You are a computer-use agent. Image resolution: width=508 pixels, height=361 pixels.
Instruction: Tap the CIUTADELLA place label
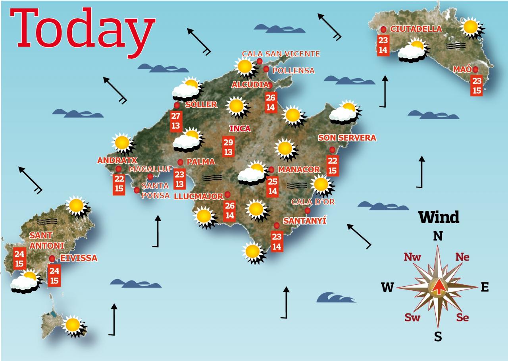[416, 29]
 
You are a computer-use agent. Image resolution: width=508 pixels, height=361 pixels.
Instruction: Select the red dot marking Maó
[475, 69]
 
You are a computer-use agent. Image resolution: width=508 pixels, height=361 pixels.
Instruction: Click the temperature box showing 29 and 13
[228, 147]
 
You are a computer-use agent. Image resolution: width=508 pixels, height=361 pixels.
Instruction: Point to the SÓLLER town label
[201, 105]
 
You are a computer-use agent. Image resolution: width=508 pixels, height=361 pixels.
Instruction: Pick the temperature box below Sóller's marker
[176, 121]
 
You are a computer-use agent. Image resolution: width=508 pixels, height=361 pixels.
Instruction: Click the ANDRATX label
[117, 160]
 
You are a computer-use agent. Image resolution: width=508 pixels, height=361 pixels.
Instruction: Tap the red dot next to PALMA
[180, 162]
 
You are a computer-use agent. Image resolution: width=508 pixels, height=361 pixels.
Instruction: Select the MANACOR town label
[298, 170]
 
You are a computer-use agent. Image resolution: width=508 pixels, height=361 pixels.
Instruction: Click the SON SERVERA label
[347, 138]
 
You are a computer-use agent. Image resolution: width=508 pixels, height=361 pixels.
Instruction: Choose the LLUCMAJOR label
[199, 196]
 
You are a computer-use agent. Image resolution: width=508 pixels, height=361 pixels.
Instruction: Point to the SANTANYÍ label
[304, 221]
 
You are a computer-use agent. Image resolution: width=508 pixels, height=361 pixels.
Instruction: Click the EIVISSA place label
[79, 258]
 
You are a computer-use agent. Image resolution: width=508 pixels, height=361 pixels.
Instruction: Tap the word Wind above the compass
[439, 217]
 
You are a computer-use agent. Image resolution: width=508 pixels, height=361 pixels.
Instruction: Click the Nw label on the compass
[412, 257]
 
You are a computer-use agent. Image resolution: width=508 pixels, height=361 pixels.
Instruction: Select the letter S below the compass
[438, 337]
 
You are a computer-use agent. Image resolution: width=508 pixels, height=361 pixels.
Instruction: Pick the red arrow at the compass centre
[438, 287]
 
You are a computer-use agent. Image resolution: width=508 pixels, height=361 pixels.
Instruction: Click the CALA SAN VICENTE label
[281, 54]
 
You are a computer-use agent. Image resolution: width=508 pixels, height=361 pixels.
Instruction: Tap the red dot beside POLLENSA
[266, 69]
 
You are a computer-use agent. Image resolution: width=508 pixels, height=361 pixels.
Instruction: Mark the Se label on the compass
[462, 317]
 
